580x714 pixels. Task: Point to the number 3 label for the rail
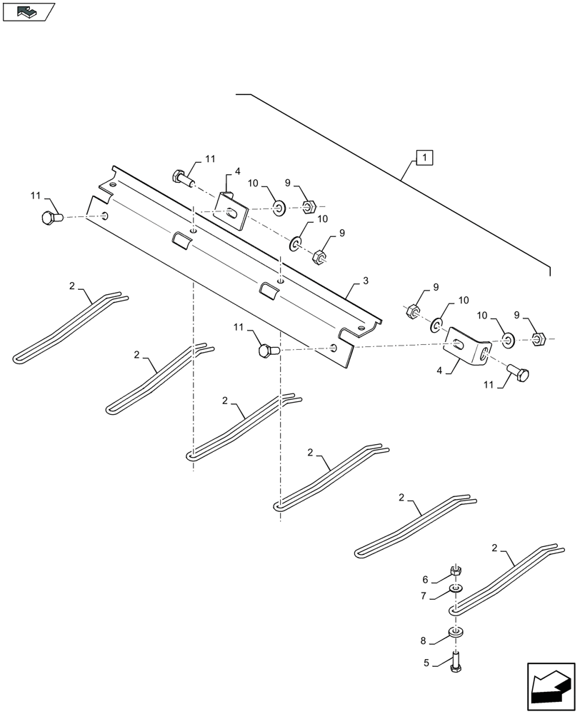click(365, 281)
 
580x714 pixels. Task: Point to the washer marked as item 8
click(454, 632)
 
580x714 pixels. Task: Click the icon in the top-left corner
click(28, 11)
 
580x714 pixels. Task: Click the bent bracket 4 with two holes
click(468, 348)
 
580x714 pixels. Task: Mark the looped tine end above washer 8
click(454, 610)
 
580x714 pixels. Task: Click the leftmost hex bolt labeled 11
click(51, 217)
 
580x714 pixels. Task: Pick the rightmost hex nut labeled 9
click(540, 337)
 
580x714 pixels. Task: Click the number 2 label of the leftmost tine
click(72, 286)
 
